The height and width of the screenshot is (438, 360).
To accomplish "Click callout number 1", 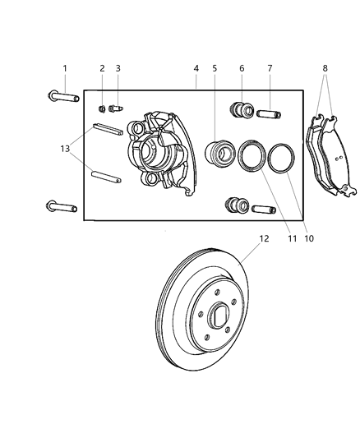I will pos(65,68).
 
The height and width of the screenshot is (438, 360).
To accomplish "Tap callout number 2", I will pos(102,68).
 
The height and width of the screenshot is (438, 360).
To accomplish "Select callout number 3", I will pos(118,68).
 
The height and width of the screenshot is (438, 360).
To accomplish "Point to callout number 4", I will pos(196,68).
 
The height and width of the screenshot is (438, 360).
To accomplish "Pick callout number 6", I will pos(242,68).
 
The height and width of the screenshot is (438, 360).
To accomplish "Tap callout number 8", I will pos(326,68).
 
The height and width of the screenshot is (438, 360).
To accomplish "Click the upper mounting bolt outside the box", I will pos(62,98).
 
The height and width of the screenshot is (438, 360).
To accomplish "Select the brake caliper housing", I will pos(159,153).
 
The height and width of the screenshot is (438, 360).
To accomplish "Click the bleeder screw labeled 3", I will pos(116,108).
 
